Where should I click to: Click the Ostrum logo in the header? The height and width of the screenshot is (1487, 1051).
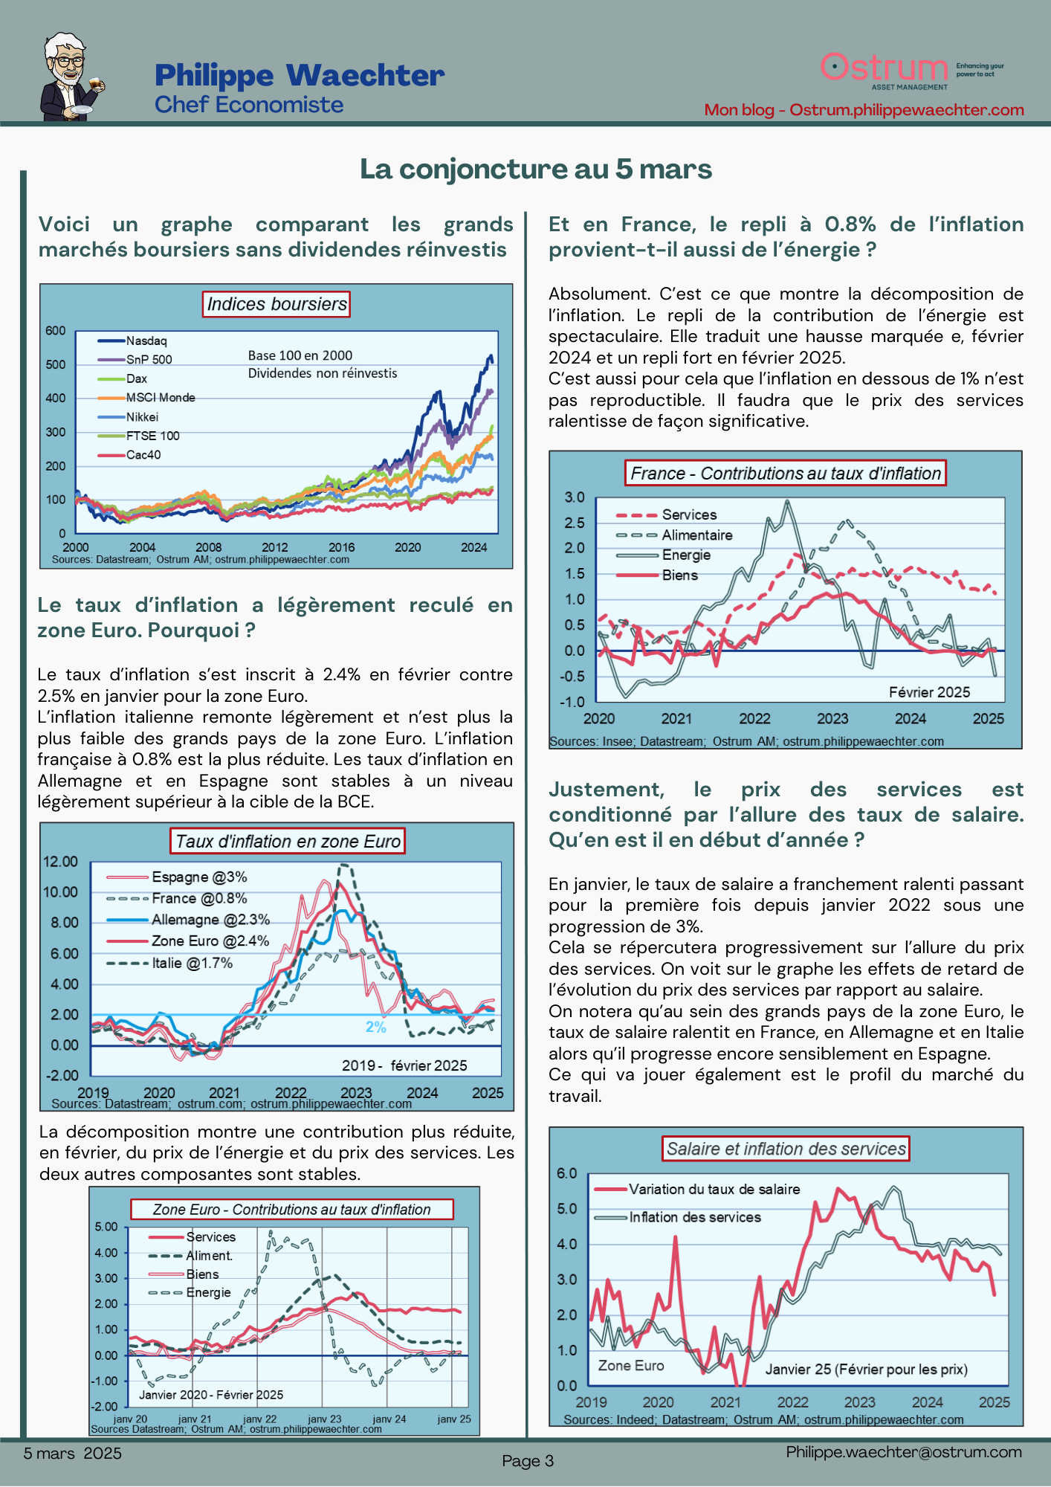[x=885, y=69]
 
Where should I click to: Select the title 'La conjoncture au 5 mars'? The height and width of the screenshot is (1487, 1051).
[x=536, y=170]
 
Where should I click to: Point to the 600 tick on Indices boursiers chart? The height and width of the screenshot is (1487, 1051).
[x=56, y=331]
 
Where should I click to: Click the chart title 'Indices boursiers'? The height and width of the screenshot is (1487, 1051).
[x=277, y=304]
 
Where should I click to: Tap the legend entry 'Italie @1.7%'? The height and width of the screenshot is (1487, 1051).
[x=192, y=964]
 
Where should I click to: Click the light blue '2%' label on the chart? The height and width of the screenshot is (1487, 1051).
[x=376, y=1028]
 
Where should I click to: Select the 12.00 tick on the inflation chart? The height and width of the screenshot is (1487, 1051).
[x=60, y=862]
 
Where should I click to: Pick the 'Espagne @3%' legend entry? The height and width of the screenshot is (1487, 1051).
[x=198, y=877]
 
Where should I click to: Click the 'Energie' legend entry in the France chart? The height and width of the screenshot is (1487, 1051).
[x=686, y=555]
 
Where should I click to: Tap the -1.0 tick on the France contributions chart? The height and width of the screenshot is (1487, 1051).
[x=572, y=702]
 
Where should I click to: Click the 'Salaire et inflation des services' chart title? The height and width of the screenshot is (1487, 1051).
[x=786, y=1149]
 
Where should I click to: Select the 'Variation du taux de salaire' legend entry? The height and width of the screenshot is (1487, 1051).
[x=714, y=1190]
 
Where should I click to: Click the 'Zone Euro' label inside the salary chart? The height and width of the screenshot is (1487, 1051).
[x=631, y=1366]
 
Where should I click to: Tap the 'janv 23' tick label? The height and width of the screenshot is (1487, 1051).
[x=325, y=1419]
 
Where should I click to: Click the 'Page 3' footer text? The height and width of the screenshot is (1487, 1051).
[x=528, y=1461]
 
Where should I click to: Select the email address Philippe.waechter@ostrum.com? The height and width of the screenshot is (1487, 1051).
[x=904, y=1452]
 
